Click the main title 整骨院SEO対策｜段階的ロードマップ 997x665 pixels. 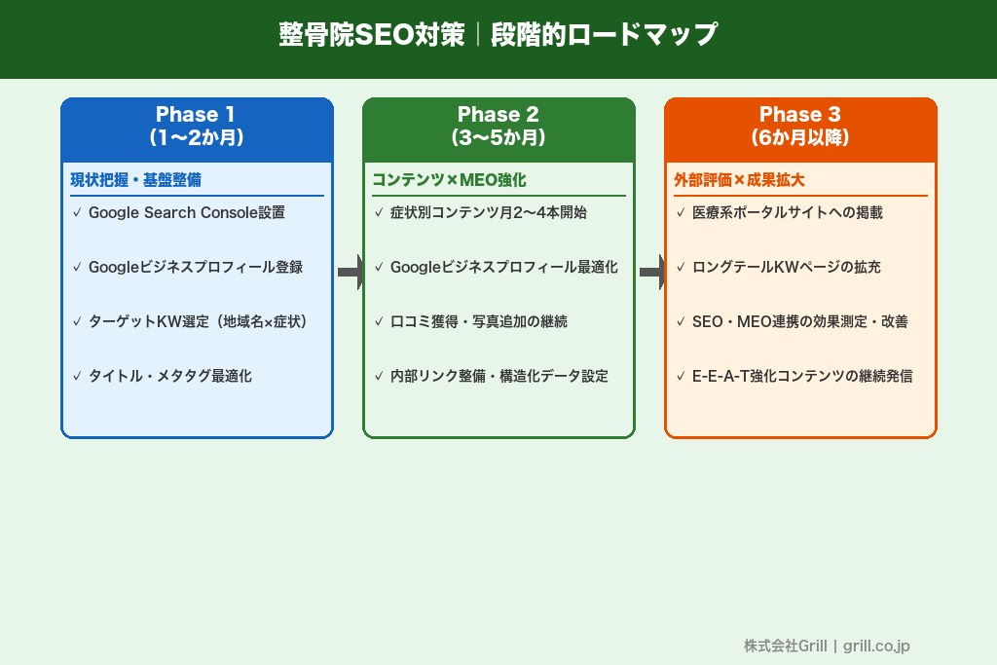(x=498, y=35)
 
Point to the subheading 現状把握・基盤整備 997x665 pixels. (x=135, y=180)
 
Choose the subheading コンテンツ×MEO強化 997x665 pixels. (x=449, y=180)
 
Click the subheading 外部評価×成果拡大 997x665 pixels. (x=739, y=180)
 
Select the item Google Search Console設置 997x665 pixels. (x=186, y=212)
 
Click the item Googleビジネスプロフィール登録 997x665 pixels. (x=195, y=267)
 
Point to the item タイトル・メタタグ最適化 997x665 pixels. (x=169, y=376)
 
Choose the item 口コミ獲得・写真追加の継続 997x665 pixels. (x=478, y=321)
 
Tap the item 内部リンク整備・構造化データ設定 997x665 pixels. (x=498, y=376)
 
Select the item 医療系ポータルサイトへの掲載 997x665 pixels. (x=787, y=212)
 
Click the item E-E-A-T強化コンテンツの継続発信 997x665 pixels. (x=801, y=376)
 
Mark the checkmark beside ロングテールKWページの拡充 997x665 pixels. (x=681, y=267)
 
